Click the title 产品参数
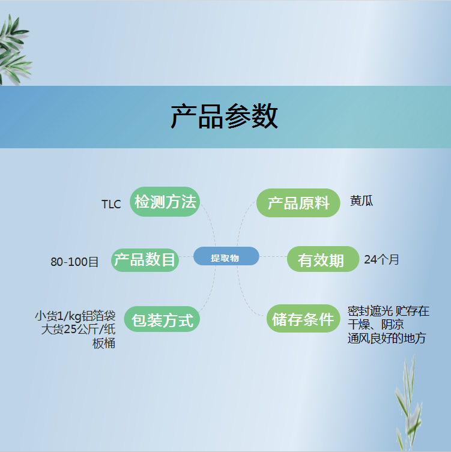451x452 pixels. (224, 116)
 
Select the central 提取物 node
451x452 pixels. (226, 256)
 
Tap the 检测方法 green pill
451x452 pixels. (165, 202)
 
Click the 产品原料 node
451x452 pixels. (298, 203)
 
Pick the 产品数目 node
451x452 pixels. (145, 260)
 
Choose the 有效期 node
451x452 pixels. (323, 259)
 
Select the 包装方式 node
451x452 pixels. (162, 319)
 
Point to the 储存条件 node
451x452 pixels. (303, 318)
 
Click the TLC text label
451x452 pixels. (111, 204)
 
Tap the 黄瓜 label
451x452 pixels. (362, 200)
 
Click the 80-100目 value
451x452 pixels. (74, 262)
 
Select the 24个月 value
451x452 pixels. (381, 259)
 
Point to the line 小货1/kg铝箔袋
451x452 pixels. (75, 316)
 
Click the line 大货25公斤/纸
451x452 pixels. (79, 329)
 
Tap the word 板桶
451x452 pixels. (104, 343)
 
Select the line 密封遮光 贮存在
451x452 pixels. (389, 311)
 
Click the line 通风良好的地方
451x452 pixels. (387, 338)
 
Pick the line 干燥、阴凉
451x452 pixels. (375, 325)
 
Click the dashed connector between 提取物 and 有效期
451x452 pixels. (273, 256)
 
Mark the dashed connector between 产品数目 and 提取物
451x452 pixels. (186, 256)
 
